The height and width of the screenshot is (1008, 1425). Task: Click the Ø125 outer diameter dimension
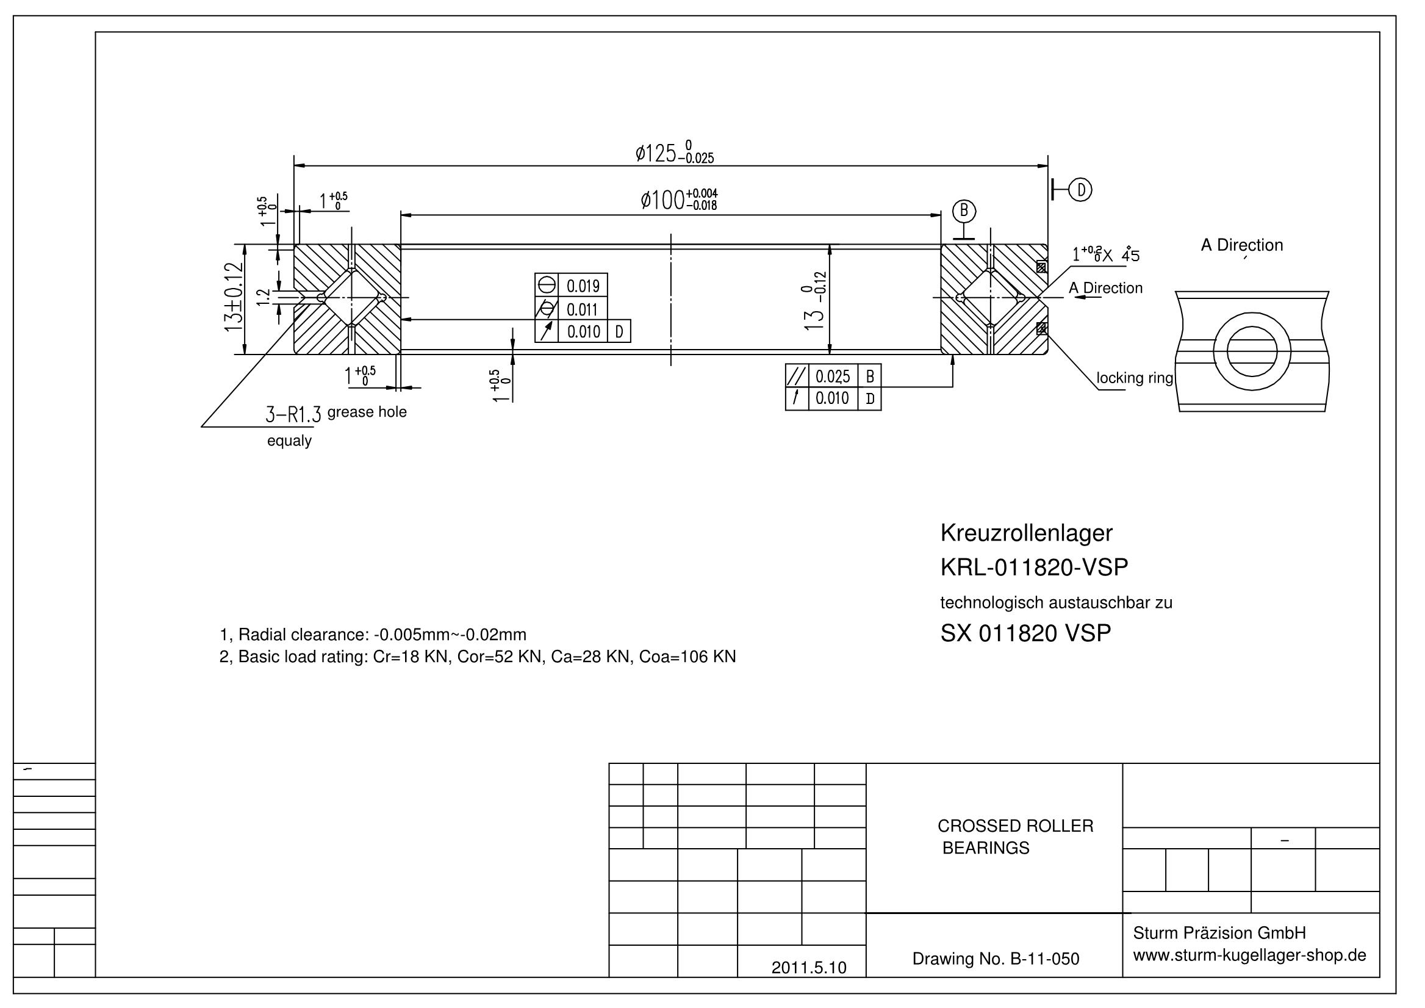tap(674, 153)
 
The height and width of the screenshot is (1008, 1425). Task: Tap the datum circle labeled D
tap(1080, 190)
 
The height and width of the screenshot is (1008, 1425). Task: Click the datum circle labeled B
tap(964, 212)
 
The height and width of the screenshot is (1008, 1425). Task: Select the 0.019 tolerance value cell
tap(583, 286)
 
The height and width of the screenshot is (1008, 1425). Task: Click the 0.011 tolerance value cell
tap(582, 309)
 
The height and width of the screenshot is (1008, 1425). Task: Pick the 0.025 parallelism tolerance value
tap(832, 376)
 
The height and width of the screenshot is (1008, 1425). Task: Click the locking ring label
tap(1135, 378)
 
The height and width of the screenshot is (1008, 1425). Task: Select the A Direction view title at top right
tap(1242, 245)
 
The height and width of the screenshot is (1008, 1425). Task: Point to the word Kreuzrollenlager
tap(1027, 533)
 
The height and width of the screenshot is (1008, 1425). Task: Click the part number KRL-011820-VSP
tap(1034, 567)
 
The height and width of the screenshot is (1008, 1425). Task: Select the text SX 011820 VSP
tap(1026, 633)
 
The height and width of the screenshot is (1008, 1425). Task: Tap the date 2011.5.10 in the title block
tap(809, 968)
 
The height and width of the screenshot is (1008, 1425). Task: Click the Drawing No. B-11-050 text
tap(996, 959)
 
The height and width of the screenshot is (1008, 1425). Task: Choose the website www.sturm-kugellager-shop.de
tap(1249, 956)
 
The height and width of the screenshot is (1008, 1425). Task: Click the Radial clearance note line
tap(373, 635)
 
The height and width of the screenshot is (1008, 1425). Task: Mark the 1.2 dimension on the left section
tap(264, 297)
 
